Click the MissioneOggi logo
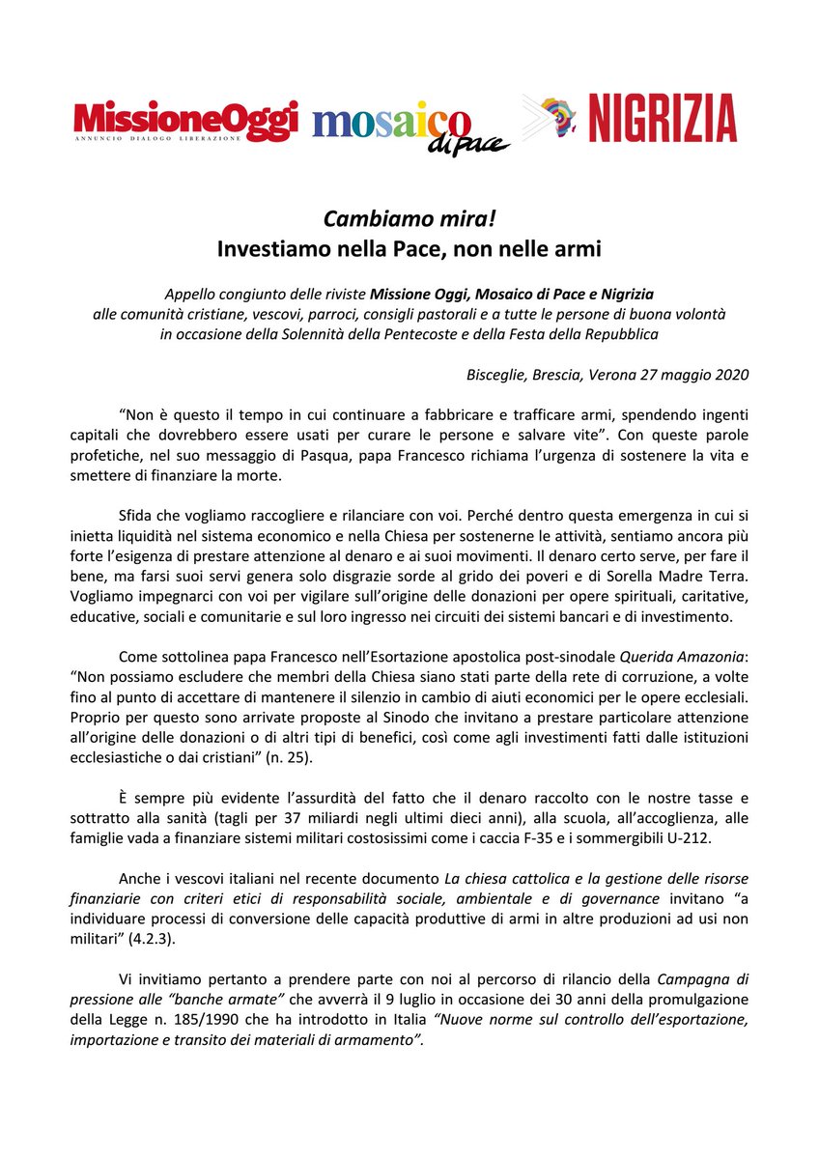(x=185, y=122)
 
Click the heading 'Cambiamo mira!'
(x=409, y=219)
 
